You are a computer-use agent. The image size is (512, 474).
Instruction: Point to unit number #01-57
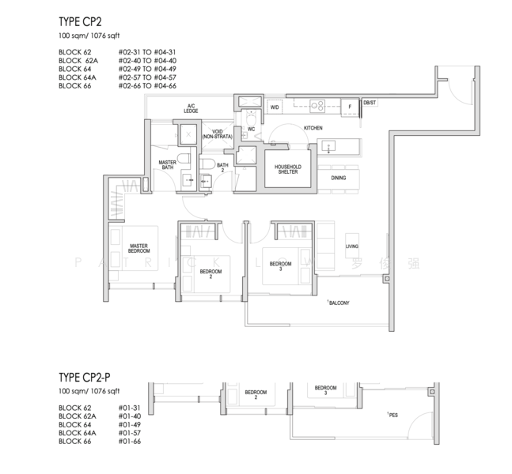129,432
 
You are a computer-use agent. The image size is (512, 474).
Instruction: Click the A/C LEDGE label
191,108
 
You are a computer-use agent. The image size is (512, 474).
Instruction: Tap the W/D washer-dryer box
275,106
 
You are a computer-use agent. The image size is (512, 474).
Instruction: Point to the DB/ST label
369,103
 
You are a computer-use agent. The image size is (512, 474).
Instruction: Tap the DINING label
339,178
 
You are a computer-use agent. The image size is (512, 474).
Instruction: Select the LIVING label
352,246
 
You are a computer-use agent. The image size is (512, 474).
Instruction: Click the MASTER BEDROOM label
139,248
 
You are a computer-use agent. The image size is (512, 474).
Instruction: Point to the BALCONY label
339,303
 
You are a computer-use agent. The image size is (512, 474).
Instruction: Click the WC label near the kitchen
250,128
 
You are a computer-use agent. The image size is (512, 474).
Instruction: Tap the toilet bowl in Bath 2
206,164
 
